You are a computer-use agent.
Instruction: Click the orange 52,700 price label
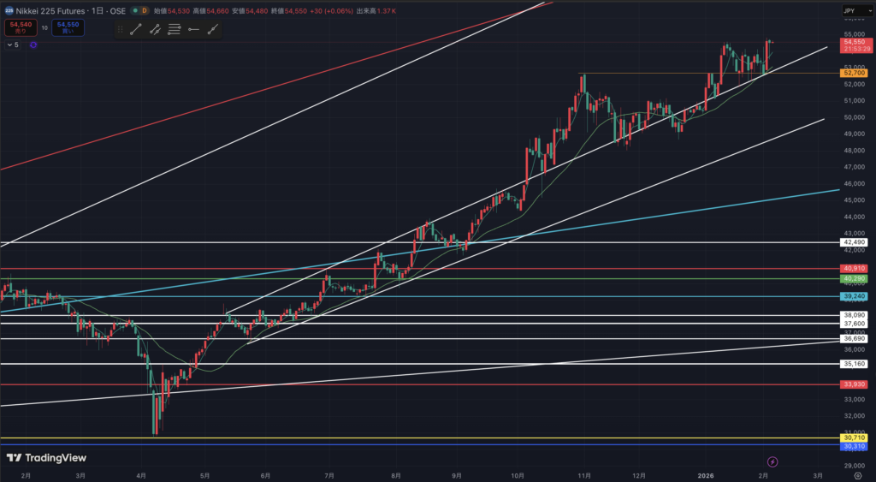855,74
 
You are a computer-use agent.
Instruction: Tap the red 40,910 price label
855,269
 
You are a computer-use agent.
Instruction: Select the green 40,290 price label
855,279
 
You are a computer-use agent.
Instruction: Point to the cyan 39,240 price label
855,296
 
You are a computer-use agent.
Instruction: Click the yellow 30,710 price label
855,438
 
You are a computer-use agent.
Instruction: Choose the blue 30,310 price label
855,446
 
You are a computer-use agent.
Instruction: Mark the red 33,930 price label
855,384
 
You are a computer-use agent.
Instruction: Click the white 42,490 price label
855,242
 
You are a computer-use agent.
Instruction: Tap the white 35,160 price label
855,364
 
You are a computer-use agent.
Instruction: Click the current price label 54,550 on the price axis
855,41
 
